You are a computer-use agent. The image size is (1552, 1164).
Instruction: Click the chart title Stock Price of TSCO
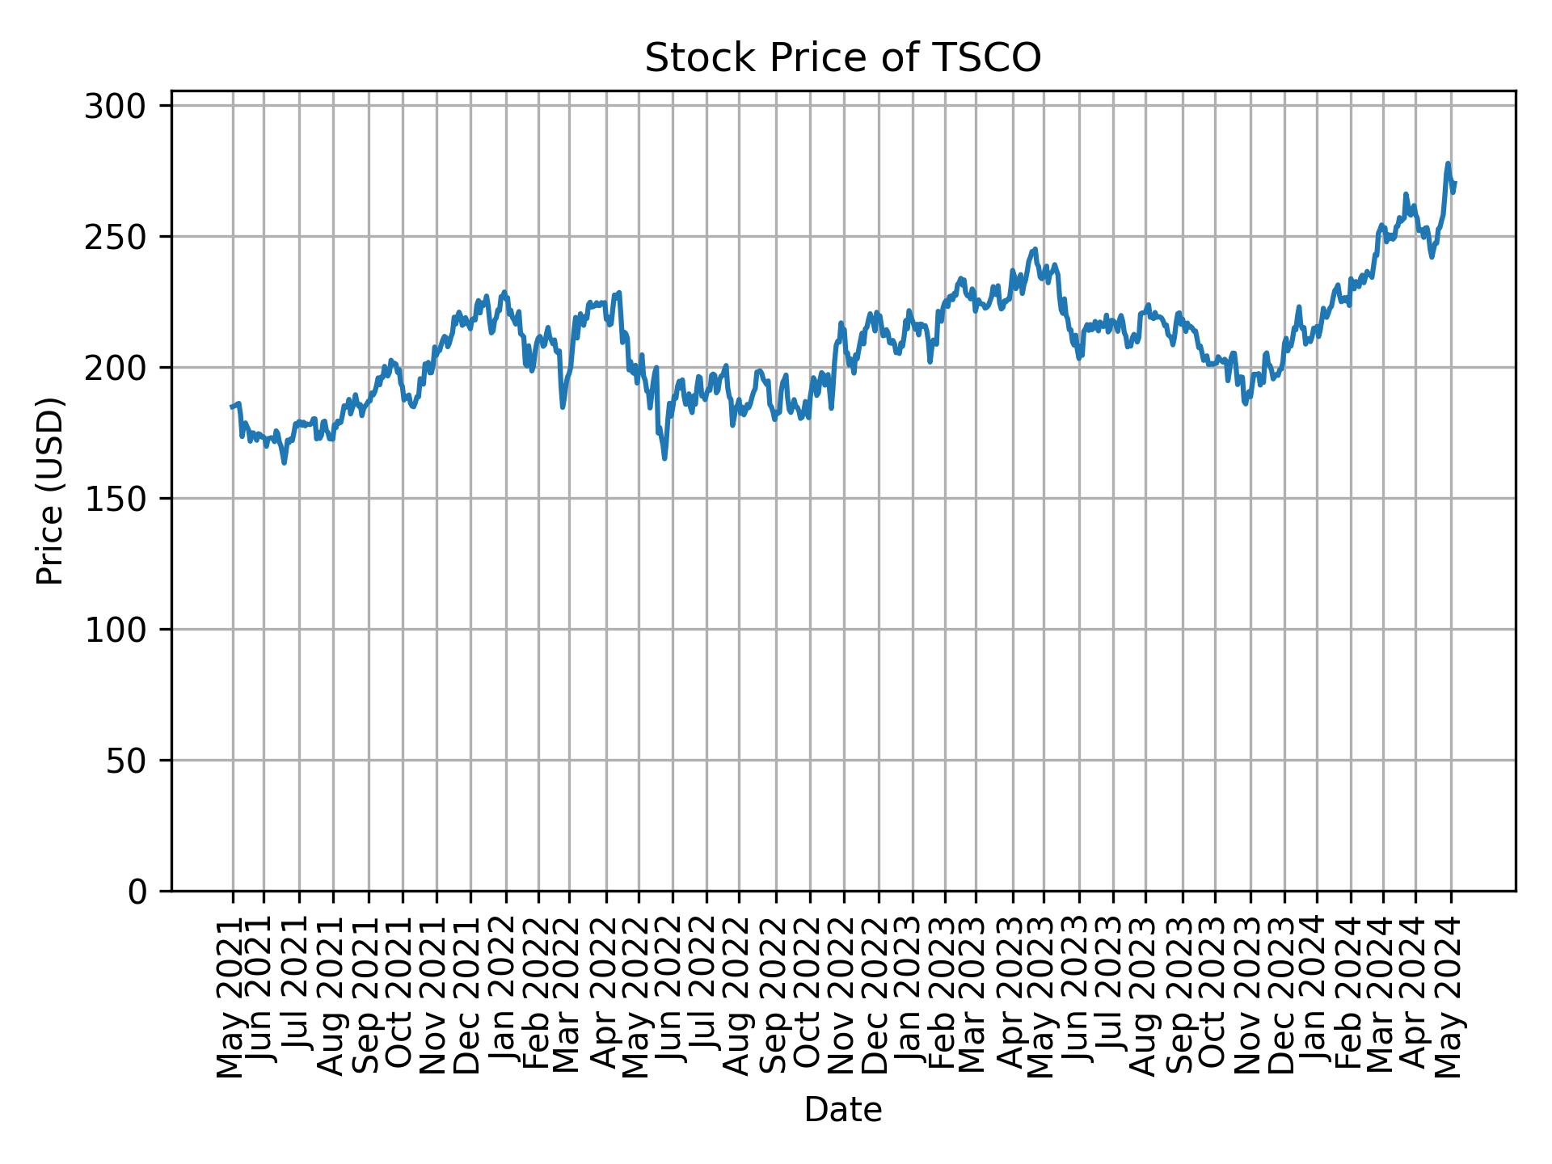click(842, 58)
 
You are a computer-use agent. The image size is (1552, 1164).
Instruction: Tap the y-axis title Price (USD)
click(50, 491)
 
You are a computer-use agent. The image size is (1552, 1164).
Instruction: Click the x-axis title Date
click(842, 1110)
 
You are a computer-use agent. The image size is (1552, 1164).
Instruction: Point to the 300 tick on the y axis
click(115, 106)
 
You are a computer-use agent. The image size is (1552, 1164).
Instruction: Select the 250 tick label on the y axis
click(115, 237)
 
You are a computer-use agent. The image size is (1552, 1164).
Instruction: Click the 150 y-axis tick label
click(115, 499)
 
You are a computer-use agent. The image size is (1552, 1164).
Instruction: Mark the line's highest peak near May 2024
click(1448, 163)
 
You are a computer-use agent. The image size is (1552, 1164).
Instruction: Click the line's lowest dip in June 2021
click(284, 462)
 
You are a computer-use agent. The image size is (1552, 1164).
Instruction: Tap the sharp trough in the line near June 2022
click(664, 458)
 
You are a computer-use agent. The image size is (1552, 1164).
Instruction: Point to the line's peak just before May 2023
click(1035, 250)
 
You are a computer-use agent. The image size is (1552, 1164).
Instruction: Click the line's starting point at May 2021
click(232, 407)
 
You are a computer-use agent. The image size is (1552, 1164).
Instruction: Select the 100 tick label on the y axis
click(115, 630)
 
